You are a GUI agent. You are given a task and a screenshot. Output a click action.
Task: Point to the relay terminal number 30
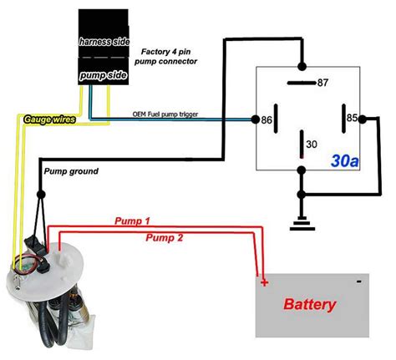pyautogui.click(x=310, y=144)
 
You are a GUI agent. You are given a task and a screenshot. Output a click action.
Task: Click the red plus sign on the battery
pyautogui.click(x=265, y=283)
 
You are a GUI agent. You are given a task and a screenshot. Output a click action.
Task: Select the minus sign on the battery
pyautogui.click(x=357, y=281)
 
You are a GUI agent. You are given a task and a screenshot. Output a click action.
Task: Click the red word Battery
pyautogui.click(x=311, y=304)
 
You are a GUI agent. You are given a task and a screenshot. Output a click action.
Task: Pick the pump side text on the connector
pyautogui.click(x=102, y=75)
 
